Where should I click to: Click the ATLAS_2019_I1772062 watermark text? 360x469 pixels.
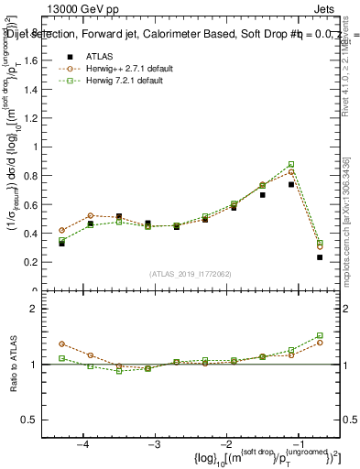click(x=190, y=274)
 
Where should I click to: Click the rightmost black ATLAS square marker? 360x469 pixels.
click(x=320, y=257)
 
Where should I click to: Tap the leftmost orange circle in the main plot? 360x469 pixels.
click(x=61, y=231)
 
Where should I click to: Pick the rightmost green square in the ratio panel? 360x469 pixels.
click(x=320, y=335)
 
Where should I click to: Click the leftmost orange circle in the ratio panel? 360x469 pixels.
click(x=61, y=344)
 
